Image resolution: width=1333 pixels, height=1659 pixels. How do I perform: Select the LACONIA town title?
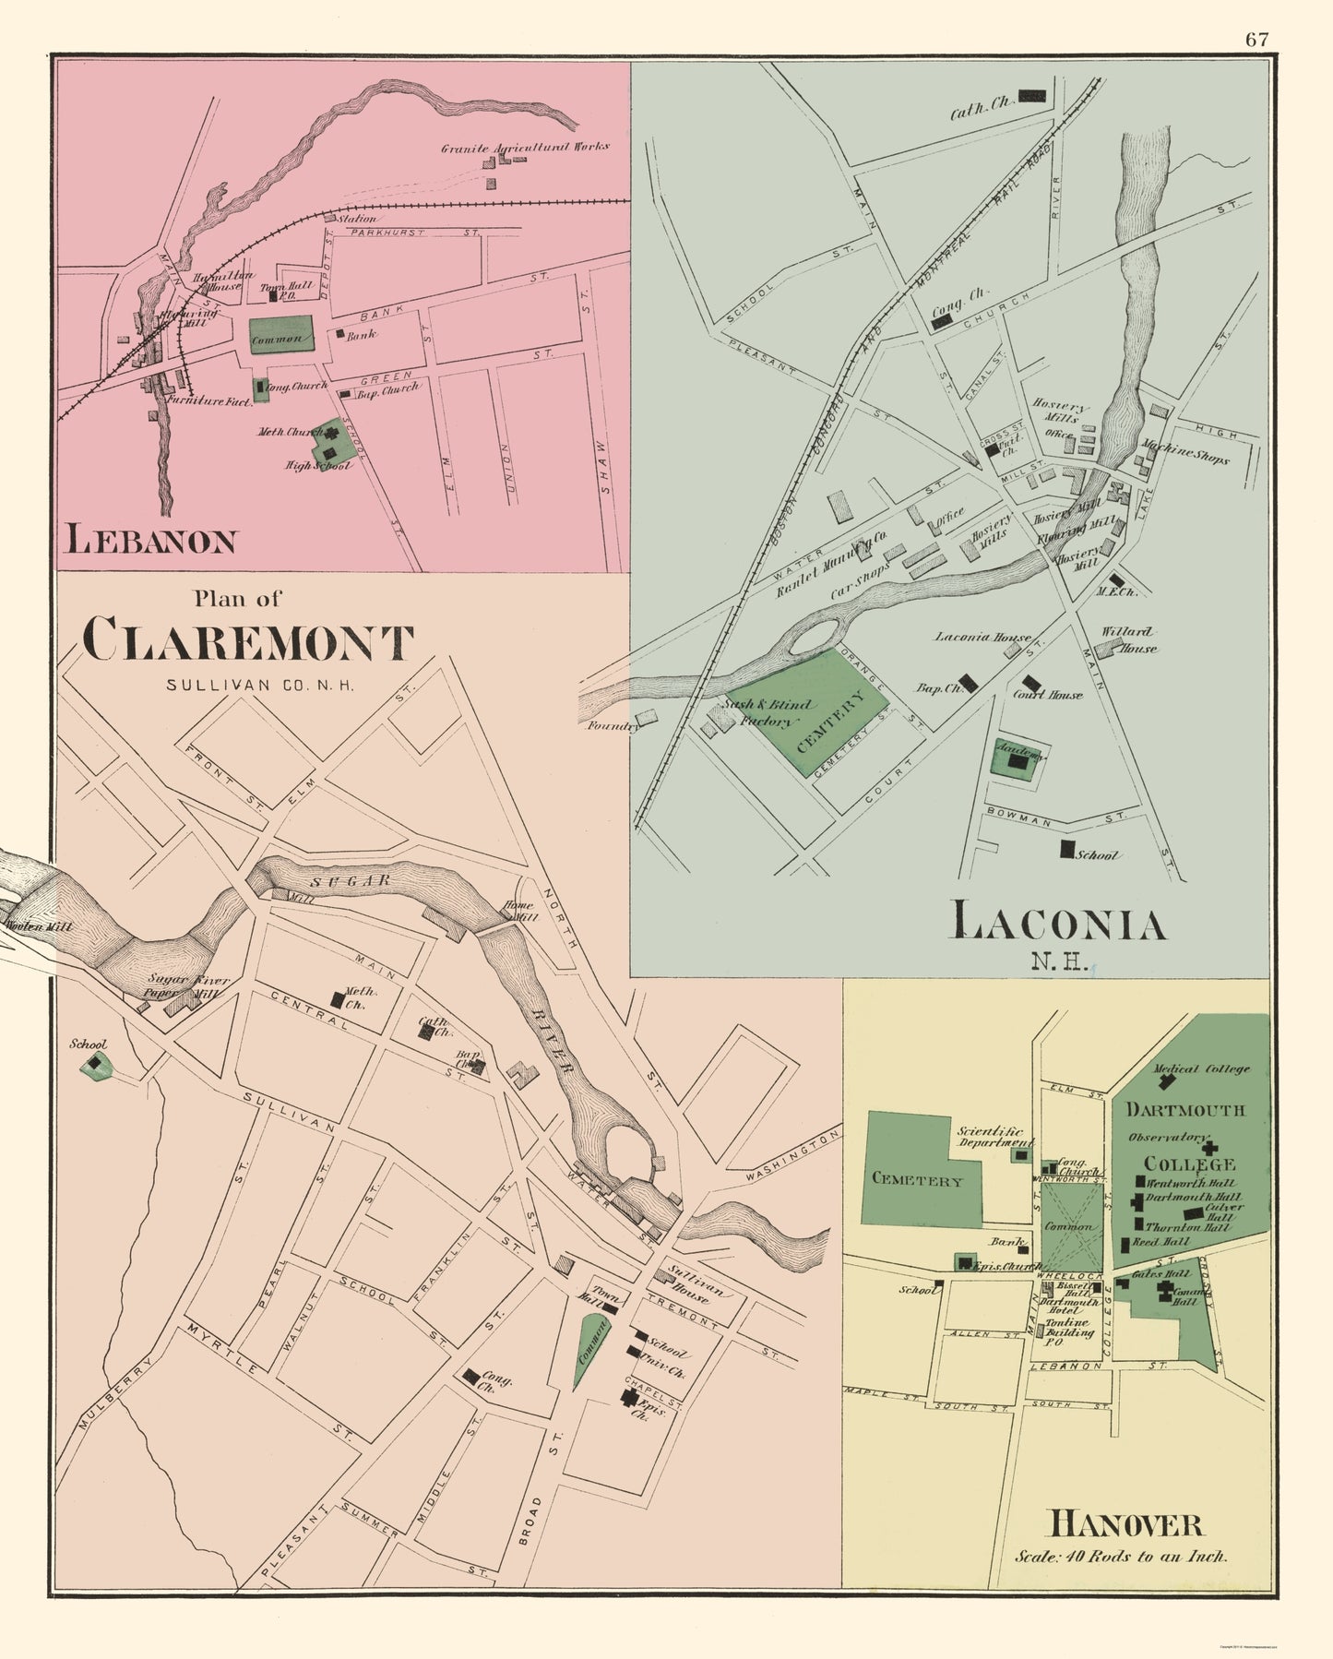(x=1058, y=924)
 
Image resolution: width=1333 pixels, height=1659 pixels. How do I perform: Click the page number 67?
(x=1256, y=39)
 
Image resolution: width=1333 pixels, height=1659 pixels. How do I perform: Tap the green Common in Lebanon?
(x=280, y=337)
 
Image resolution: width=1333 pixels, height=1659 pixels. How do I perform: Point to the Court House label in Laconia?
(x=1047, y=694)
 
